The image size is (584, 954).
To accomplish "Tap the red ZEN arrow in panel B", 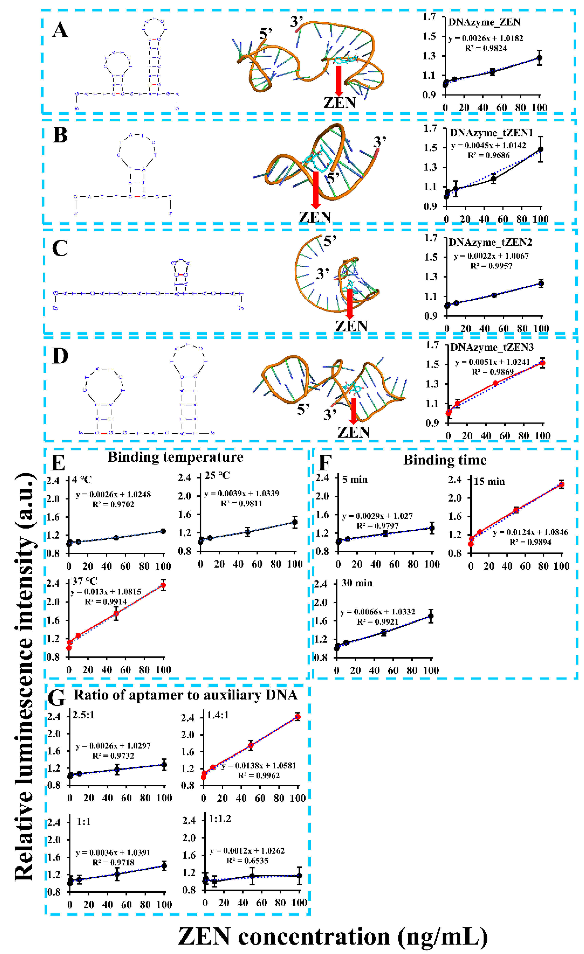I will pos(316,190).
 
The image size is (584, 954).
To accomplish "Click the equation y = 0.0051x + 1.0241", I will pos(492,362).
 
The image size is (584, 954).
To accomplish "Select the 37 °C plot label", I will pos(84,581).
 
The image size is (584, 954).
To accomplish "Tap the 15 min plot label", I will pos(489,482).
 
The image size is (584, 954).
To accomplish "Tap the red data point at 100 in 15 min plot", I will pos(561,484).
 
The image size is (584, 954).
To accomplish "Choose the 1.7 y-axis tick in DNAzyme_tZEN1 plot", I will pos(431,128).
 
